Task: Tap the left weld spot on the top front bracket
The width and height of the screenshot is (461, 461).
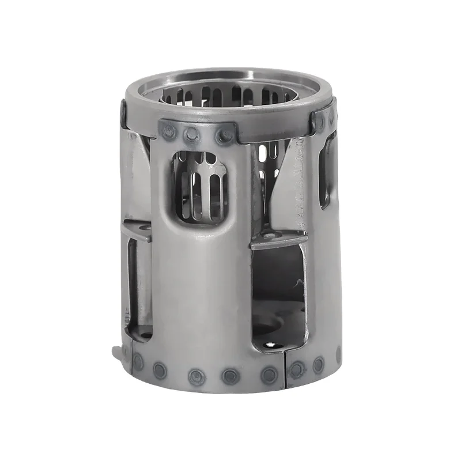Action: click(169, 132)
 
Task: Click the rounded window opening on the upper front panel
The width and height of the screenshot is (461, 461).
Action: click(200, 186)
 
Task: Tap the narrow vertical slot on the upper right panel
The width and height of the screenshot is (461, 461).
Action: click(327, 170)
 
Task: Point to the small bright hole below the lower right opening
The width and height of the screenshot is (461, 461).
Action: click(269, 345)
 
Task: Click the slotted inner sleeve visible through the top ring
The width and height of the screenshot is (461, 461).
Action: click(231, 96)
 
